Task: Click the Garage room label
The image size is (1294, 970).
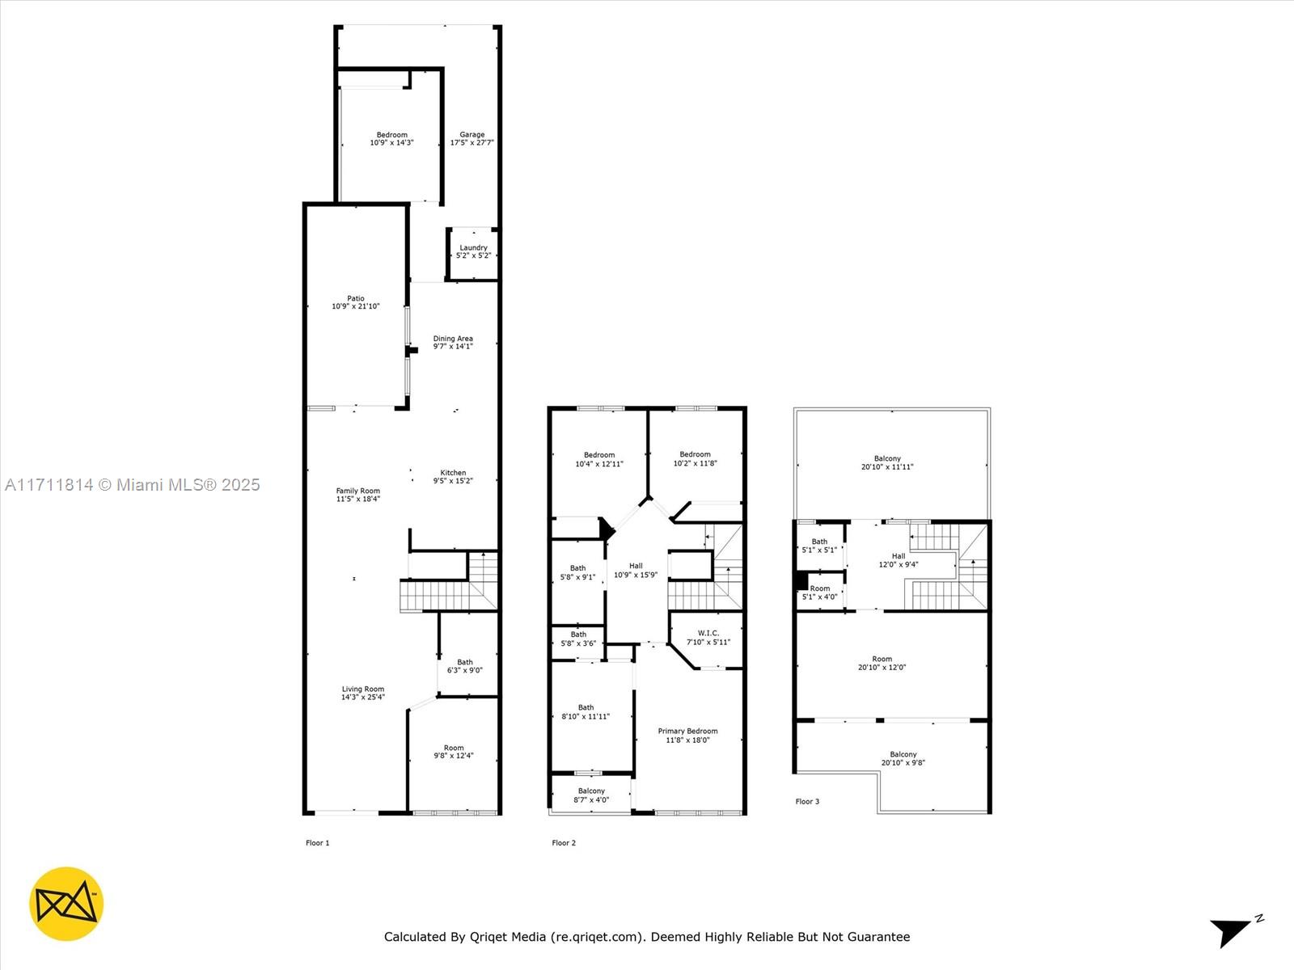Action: (x=472, y=135)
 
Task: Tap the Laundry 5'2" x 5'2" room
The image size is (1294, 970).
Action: (x=473, y=251)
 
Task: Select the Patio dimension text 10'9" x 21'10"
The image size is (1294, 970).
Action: (x=355, y=306)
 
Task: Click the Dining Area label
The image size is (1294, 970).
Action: (x=453, y=339)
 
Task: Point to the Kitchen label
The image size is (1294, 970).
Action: (x=453, y=473)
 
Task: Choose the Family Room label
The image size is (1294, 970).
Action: (x=358, y=491)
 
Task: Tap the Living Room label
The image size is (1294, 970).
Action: (x=362, y=690)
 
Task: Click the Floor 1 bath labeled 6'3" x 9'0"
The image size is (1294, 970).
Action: (x=465, y=666)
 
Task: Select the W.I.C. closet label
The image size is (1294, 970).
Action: (x=708, y=634)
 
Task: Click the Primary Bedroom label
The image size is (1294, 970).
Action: (x=687, y=731)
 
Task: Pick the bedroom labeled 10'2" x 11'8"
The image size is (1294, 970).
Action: (x=695, y=459)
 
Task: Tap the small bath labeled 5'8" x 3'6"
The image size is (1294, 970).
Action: (x=578, y=639)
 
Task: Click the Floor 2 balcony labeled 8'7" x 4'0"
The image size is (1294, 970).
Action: (x=591, y=795)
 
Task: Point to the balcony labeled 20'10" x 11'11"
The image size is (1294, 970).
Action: (x=887, y=462)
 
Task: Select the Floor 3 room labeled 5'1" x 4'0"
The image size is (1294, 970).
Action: (x=819, y=593)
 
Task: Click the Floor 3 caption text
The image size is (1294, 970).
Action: (x=807, y=802)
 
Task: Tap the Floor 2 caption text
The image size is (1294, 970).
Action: (x=564, y=843)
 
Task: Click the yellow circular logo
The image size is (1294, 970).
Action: (x=66, y=904)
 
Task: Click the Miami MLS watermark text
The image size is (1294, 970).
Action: (x=133, y=485)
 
